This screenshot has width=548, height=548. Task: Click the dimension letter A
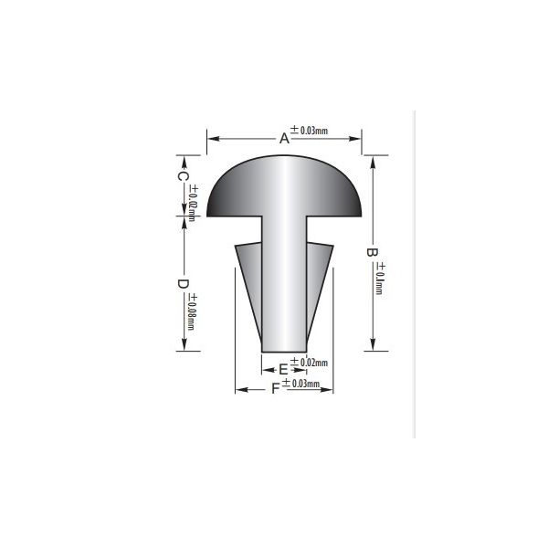[x=284, y=139]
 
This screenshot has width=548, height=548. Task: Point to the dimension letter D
[x=183, y=284]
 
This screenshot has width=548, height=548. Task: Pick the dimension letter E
[x=283, y=369]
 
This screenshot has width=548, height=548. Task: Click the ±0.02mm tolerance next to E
[x=308, y=364]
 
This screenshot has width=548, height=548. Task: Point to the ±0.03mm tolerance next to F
[x=300, y=384]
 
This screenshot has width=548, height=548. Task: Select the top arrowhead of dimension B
[x=372, y=162]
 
